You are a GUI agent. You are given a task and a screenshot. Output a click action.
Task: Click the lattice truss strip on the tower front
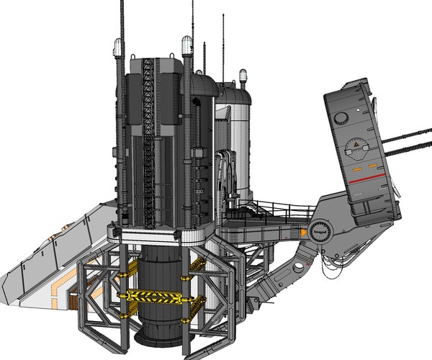point(150,137)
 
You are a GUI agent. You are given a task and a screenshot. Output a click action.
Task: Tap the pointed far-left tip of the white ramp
point(2,279)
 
